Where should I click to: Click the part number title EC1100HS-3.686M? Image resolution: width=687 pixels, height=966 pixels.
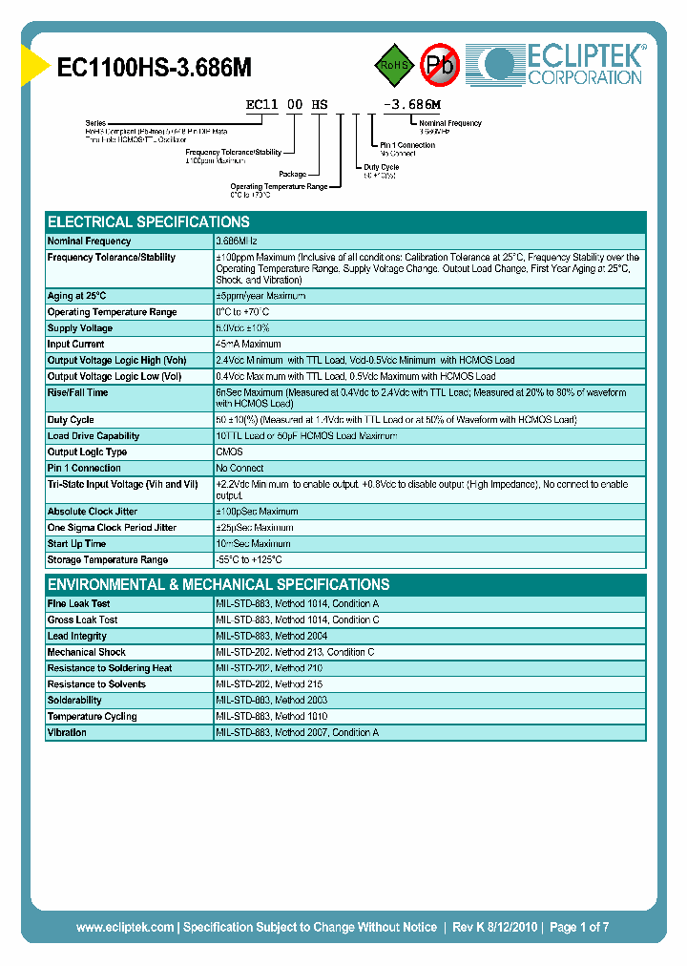(155, 67)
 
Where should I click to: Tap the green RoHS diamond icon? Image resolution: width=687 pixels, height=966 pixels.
(394, 65)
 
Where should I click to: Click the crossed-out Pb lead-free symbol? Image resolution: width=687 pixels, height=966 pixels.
(440, 65)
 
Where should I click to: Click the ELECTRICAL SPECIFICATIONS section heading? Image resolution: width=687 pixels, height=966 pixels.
(148, 221)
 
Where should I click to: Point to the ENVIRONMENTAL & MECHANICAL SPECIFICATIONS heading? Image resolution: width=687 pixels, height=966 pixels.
(219, 584)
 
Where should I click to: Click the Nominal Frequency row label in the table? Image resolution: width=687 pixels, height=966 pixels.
(89, 241)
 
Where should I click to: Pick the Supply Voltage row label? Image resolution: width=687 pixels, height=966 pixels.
(80, 328)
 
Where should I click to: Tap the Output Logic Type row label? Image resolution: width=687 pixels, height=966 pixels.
(87, 452)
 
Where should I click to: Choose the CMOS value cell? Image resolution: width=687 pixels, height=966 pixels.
(230, 452)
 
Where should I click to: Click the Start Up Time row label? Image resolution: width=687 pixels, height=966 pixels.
(76, 544)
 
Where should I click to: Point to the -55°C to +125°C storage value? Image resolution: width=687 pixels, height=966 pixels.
(249, 560)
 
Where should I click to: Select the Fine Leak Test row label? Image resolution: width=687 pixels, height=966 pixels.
(78, 604)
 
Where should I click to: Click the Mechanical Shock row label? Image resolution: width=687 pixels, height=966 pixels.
(86, 652)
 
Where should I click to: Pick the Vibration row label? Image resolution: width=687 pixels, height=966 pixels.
(67, 733)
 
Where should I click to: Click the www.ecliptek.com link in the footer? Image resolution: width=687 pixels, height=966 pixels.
(125, 927)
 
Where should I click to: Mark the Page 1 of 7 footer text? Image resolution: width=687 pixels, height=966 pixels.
(579, 927)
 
